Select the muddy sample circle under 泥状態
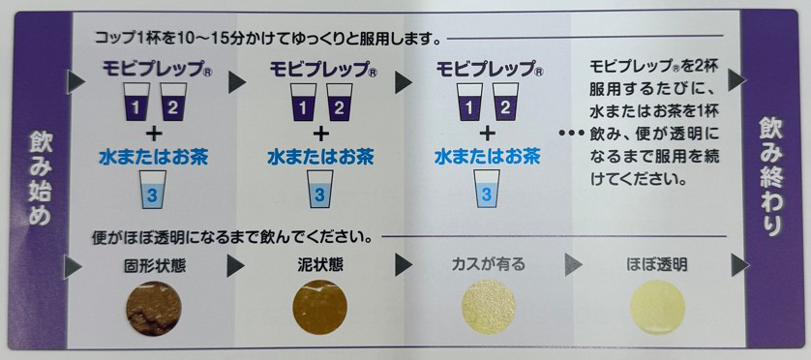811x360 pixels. [x=319, y=308]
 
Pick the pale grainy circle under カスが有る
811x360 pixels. [x=488, y=308]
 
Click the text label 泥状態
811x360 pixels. [x=319, y=262]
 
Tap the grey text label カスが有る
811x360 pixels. [x=489, y=262]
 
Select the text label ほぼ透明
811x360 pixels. [x=658, y=262]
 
